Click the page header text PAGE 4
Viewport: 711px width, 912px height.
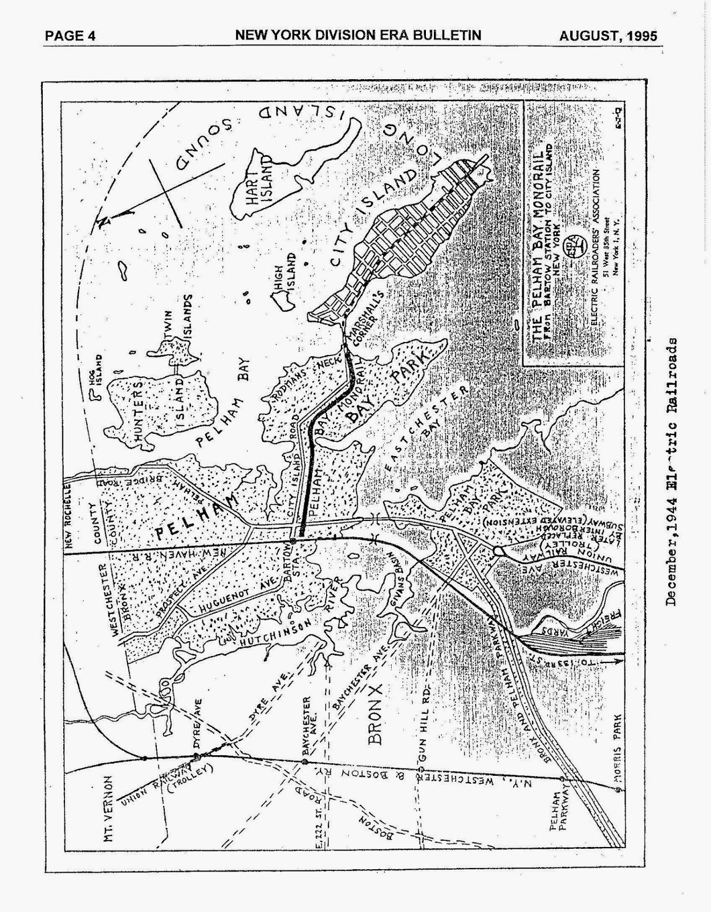coord(70,36)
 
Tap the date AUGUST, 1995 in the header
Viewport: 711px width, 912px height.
coord(608,36)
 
